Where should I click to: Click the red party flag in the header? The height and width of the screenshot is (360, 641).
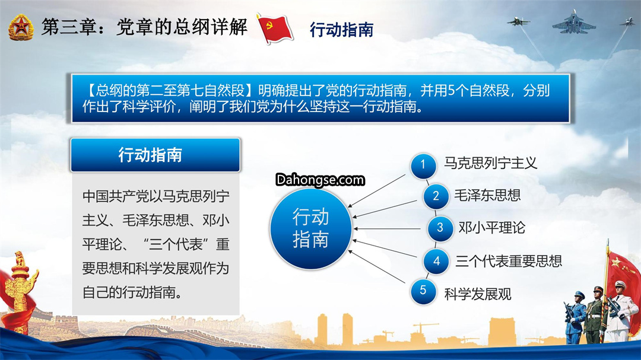tap(274, 28)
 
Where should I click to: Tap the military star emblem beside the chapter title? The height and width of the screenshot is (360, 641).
tap(21, 27)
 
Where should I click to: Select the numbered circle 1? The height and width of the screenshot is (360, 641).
tap(423, 165)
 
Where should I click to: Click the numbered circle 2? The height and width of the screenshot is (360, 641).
tap(436, 196)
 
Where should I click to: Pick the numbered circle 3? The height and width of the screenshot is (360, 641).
tap(440, 228)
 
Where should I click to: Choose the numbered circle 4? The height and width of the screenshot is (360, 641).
tap(436, 261)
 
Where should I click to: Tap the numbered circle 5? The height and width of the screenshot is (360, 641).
tap(423, 291)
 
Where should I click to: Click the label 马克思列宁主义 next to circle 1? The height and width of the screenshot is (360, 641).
tap(490, 163)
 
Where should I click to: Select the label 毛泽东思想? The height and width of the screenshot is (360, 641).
tap(487, 195)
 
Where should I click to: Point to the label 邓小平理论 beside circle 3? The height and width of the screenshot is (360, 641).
tap(491, 228)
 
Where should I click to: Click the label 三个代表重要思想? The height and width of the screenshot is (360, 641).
tap(509, 261)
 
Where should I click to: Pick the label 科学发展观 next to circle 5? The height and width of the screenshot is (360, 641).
tap(477, 294)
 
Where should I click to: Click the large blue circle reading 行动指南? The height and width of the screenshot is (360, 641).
tap(310, 228)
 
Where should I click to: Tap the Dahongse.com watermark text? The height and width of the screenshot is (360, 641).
tap(320, 180)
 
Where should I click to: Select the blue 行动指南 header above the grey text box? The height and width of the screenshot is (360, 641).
tap(156, 155)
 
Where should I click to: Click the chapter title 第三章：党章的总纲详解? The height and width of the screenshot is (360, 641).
tap(144, 27)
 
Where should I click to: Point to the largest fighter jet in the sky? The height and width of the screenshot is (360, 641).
tap(573, 23)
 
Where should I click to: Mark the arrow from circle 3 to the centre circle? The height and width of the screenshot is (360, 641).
tap(387, 229)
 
